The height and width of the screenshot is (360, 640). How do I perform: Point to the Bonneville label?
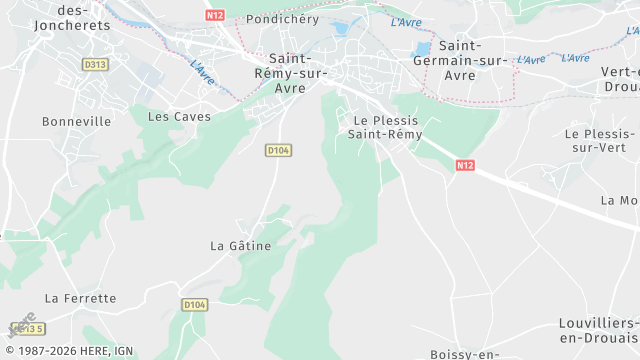pos(76,121)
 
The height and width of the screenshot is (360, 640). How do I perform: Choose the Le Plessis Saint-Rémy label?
pos(386,127)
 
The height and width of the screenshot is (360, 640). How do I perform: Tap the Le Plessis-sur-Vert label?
pos(600,140)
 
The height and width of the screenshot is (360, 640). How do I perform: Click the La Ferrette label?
pos(81,298)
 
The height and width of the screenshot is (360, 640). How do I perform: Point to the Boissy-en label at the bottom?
pos(464,354)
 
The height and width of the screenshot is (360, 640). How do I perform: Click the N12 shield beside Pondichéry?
pos(214,15)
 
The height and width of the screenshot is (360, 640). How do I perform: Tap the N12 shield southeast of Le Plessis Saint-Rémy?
pos(463,164)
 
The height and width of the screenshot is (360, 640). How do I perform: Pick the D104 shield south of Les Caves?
pos(278,150)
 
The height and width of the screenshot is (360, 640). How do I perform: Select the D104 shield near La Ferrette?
pos(194,304)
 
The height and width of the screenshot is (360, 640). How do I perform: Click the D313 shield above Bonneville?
pos(95,64)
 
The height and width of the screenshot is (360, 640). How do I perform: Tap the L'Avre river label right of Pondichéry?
pos(406,22)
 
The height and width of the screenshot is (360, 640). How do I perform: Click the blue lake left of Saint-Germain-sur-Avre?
pos(422,48)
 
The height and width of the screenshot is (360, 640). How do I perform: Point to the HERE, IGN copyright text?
pos(70,351)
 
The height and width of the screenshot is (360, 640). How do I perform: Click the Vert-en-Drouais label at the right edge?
pos(620,78)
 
